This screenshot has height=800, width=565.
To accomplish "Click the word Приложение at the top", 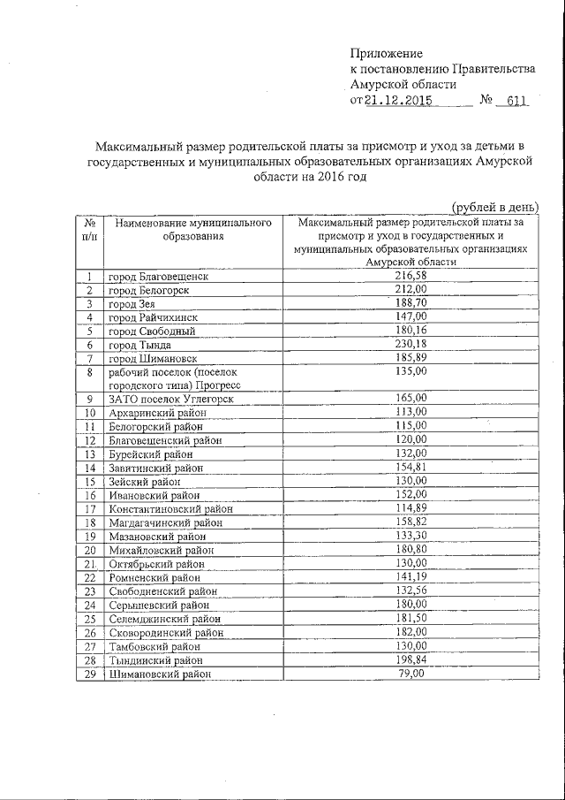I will pos(387,54).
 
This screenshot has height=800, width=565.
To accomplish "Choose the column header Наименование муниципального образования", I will pos(192,229).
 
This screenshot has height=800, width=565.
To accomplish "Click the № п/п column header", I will pos(89,229).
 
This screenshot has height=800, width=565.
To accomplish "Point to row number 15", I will pos(89,482).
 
